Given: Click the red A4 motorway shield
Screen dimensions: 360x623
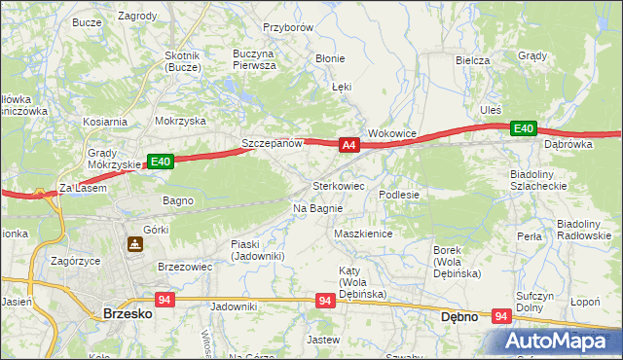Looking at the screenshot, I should click(x=350, y=145).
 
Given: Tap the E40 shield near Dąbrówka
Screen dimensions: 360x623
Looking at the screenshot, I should click(x=524, y=128).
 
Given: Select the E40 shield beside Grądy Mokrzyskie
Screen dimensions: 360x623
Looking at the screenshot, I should click(x=161, y=162).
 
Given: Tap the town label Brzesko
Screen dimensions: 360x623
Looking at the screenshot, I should click(x=126, y=314).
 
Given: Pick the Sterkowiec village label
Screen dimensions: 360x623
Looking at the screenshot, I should click(x=338, y=185).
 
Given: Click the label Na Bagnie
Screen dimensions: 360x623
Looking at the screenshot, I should click(x=317, y=208).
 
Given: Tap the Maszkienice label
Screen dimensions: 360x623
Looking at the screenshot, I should click(x=362, y=234).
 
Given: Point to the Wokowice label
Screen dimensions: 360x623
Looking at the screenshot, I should click(x=392, y=132).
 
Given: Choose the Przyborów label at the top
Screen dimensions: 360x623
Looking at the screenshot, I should click(x=287, y=28).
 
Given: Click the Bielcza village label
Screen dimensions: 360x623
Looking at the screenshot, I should click(x=472, y=60).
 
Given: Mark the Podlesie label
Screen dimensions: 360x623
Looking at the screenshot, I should click(x=399, y=195).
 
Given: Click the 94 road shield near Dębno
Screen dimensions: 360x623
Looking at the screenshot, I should click(x=501, y=316).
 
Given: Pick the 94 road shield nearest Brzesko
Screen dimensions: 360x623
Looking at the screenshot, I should click(x=164, y=301).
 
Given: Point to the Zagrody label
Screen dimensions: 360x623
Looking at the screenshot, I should click(x=137, y=17).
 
